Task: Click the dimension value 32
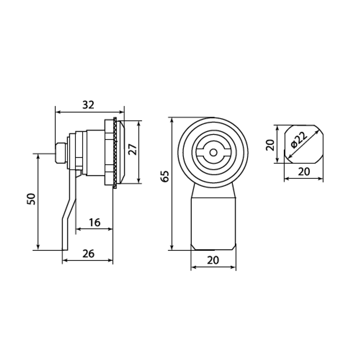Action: click(x=89, y=105)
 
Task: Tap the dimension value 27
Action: click(x=133, y=149)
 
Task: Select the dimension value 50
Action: click(x=31, y=199)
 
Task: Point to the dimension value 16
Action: click(x=95, y=222)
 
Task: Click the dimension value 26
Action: click(x=89, y=254)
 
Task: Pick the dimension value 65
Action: click(x=165, y=176)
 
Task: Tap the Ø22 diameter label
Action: click(x=299, y=140)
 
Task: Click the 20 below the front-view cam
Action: click(x=213, y=260)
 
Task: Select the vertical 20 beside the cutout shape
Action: click(x=270, y=145)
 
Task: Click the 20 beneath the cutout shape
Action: click(x=304, y=171)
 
